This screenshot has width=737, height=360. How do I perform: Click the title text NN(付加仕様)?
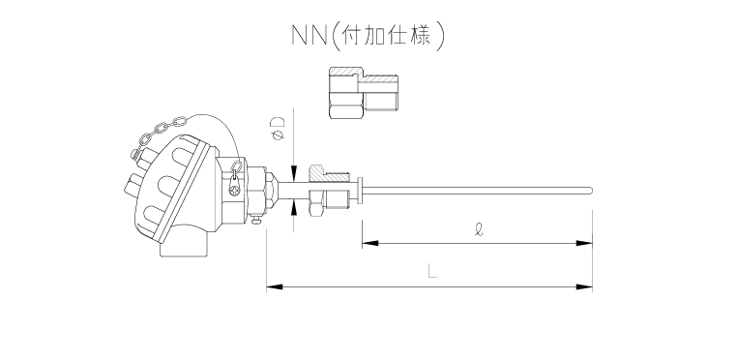click(x=368, y=36)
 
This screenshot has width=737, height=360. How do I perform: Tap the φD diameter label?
click(x=278, y=130)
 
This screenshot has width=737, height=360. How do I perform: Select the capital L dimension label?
click(x=431, y=273)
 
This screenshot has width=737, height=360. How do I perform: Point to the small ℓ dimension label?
click(x=467, y=232)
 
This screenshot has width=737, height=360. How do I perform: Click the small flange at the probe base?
click(x=360, y=191)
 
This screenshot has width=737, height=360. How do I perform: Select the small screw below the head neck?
click(x=255, y=224)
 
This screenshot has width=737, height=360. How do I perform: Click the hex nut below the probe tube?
click(x=314, y=207)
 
